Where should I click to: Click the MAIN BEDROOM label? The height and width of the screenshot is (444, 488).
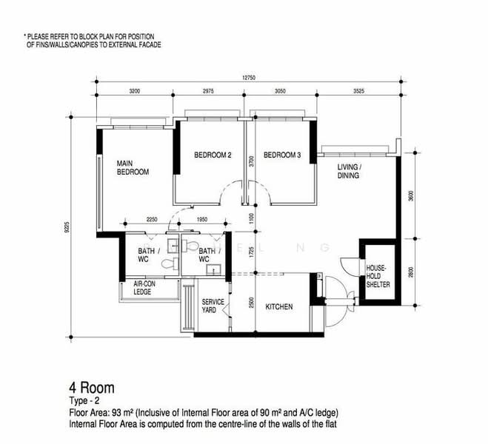pyautogui.click(x=133, y=167)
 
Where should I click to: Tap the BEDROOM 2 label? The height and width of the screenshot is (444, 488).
pyautogui.click(x=213, y=155)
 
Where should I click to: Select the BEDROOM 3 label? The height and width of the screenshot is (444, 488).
pyautogui.click(x=282, y=155)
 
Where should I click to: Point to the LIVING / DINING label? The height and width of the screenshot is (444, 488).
pyautogui.click(x=349, y=172)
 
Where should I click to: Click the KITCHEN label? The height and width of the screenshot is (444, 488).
pyautogui.click(x=278, y=307)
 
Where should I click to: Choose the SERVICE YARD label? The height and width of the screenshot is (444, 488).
pyautogui.click(x=213, y=305)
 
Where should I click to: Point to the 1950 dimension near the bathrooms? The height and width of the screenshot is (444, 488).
pyautogui.click(x=202, y=220)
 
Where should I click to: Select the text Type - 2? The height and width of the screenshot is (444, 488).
pyautogui.click(x=86, y=400)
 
